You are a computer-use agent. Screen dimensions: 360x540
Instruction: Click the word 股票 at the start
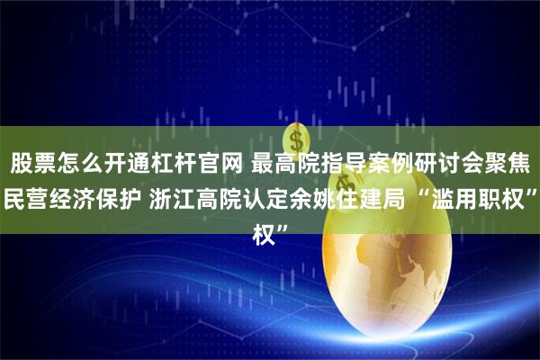pos(33,163)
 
